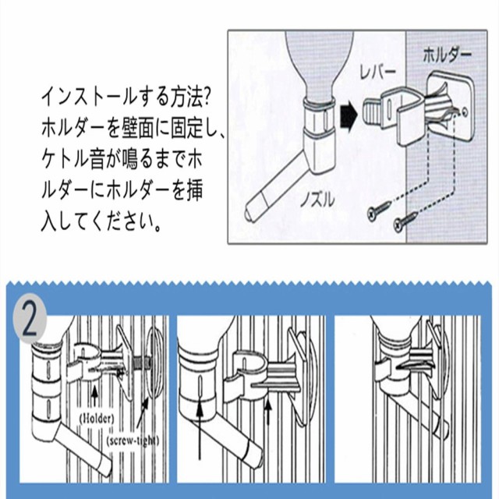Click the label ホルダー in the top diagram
point(447,55)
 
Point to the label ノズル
point(317,200)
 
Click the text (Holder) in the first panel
point(97,418)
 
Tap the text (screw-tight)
point(133,441)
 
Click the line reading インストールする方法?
point(126,97)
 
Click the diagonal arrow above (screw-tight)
point(142,412)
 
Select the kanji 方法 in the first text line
point(179,97)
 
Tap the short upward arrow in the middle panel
point(268,413)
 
